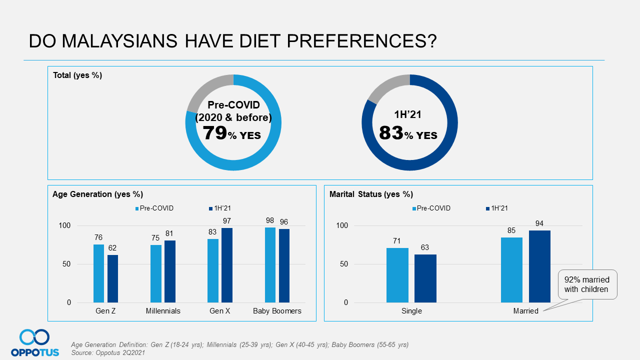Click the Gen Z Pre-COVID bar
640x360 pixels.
[x=98, y=273]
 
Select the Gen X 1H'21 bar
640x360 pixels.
[x=227, y=265]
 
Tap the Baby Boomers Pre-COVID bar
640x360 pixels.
[x=270, y=265]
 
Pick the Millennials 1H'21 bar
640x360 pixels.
[x=170, y=271]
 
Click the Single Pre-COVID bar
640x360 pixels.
[x=397, y=275]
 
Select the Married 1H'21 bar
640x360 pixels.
[x=539, y=266]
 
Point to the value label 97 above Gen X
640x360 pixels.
[x=227, y=221]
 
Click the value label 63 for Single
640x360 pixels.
[x=425, y=247]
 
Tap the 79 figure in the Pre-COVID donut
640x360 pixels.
[x=215, y=133]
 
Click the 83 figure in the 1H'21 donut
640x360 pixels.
[x=391, y=133]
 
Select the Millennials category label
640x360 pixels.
[x=163, y=311]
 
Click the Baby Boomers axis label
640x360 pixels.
[x=277, y=311]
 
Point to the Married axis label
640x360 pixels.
[x=525, y=311]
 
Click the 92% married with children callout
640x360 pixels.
[x=586, y=284]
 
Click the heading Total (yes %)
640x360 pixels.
[x=77, y=75]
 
